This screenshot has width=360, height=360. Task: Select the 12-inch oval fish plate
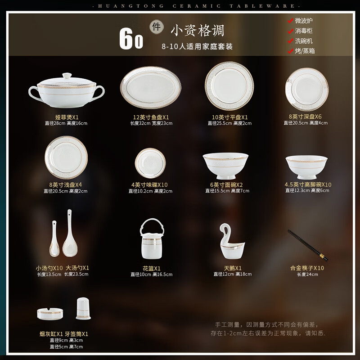pos(150,88)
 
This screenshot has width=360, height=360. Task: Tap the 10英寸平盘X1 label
pos(230,117)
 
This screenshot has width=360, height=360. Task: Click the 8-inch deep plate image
pos(306,89)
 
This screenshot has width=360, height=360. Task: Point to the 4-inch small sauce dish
pos(150,163)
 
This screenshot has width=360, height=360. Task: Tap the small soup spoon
pos(54,238)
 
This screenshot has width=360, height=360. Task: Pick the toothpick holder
pos(83,308)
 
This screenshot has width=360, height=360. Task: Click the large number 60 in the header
pos(131,40)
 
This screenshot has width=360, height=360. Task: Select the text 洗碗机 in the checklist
pos(304,41)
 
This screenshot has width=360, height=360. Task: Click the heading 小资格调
pos(197,31)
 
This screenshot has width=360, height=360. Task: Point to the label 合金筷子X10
pos(307,268)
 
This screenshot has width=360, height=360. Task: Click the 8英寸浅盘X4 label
pos(66,184)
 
